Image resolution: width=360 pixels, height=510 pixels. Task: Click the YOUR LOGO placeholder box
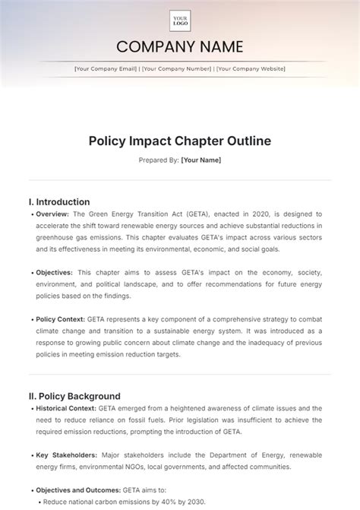click(180, 21)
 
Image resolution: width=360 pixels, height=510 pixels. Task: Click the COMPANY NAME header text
click(180, 47)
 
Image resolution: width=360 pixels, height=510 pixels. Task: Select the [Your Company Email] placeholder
click(106, 69)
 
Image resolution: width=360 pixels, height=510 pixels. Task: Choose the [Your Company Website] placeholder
click(251, 69)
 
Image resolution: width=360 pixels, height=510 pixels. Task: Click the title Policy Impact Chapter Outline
click(180, 141)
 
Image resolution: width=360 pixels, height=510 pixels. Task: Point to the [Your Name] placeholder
click(201, 160)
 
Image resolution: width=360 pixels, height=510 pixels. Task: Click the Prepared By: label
click(159, 160)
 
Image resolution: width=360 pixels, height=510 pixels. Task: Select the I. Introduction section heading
click(59, 202)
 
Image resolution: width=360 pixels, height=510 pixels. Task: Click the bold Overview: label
click(52, 214)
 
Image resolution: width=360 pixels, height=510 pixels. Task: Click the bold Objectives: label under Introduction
click(54, 272)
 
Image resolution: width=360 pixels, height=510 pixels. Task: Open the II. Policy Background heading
click(74, 396)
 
